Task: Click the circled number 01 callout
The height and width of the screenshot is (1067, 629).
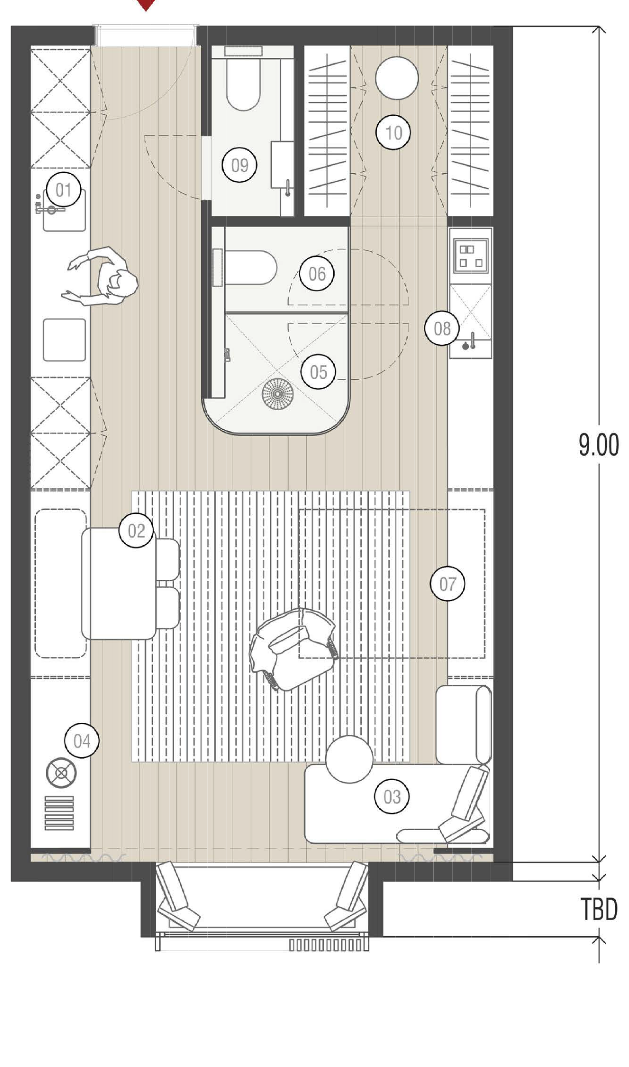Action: pyautogui.click(x=63, y=190)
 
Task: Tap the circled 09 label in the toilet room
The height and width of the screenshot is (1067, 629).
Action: pyautogui.click(x=239, y=165)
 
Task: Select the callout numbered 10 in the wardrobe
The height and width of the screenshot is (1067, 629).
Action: pyautogui.click(x=393, y=133)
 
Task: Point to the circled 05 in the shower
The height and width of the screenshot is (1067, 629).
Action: pyautogui.click(x=318, y=372)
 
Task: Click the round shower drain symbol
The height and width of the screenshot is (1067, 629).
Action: pyautogui.click(x=277, y=394)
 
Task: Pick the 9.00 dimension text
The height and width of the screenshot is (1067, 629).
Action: pyautogui.click(x=599, y=445)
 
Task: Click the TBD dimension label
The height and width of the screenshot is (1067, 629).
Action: pyautogui.click(x=599, y=909)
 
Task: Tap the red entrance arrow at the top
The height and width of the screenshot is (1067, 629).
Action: pyautogui.click(x=146, y=4)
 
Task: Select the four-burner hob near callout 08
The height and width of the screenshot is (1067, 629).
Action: pyautogui.click(x=470, y=256)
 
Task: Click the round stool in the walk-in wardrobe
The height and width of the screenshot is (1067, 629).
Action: pyautogui.click(x=397, y=78)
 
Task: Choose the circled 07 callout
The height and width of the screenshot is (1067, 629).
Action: pyautogui.click(x=447, y=584)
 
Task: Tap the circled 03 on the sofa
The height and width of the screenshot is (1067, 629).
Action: pyautogui.click(x=392, y=796)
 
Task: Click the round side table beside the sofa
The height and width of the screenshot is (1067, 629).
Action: pyautogui.click(x=349, y=759)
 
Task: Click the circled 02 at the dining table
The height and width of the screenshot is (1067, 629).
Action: pyautogui.click(x=136, y=530)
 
